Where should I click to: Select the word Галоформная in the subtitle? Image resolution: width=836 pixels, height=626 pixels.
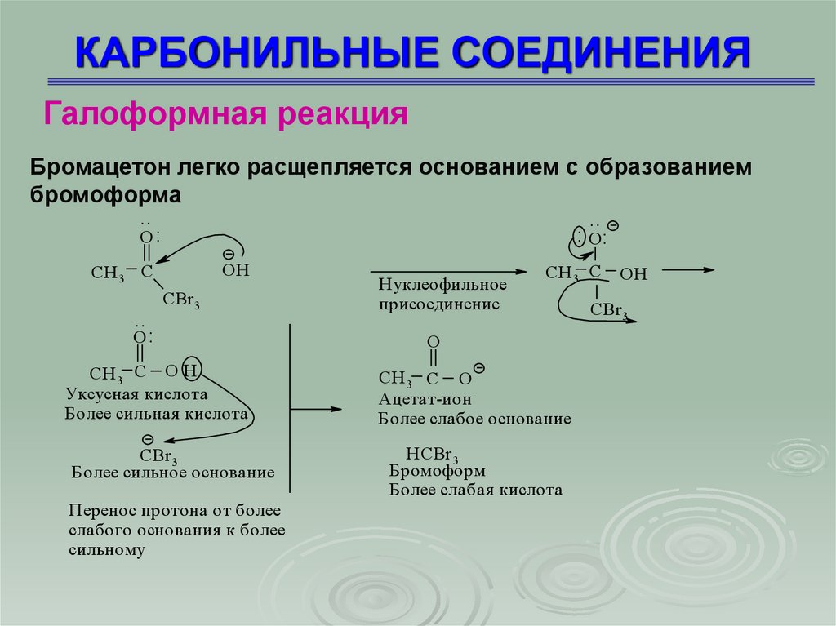(158, 113)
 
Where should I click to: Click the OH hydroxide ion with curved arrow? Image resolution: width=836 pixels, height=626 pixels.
(235, 269)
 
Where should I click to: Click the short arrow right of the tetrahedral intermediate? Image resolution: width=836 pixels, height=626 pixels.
(688, 270)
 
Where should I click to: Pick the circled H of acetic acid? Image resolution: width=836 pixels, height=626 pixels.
(190, 371)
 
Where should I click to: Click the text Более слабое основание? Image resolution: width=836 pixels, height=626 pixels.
(474, 419)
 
